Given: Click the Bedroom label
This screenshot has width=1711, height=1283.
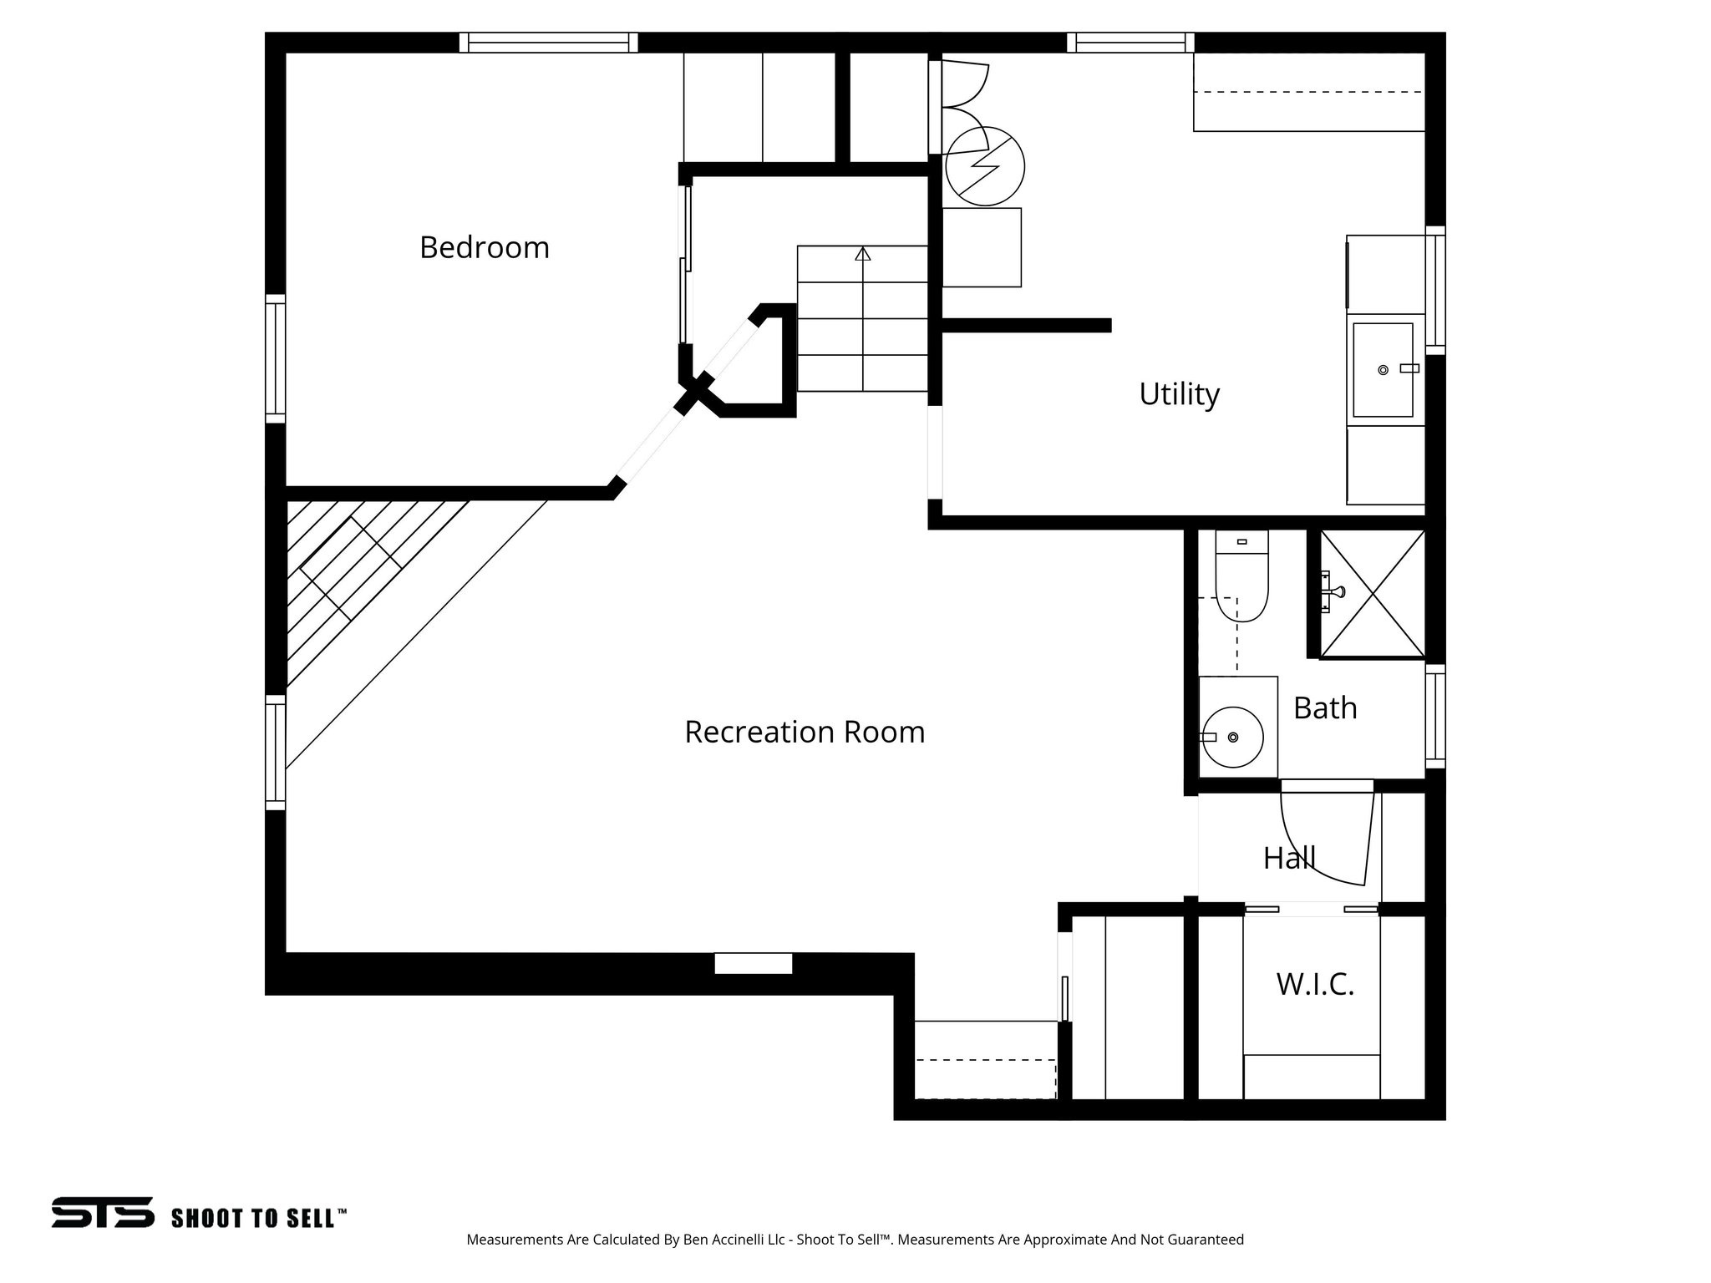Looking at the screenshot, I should coord(484,248).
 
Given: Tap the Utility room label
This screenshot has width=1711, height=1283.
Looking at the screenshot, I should coord(1179,393).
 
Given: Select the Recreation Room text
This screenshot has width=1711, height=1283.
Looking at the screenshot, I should coord(804,732).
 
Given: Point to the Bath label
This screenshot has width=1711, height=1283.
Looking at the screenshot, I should coord(1325,708).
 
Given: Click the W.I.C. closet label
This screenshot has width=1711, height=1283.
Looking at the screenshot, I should coord(1314,985).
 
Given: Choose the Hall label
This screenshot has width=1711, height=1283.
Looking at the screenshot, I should coord(1288,858).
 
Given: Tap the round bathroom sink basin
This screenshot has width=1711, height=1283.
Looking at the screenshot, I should coord(1233,737).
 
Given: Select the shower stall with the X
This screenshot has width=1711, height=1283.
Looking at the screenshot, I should coord(1372,594).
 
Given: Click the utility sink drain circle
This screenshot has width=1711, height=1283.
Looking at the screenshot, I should coord(1383,369).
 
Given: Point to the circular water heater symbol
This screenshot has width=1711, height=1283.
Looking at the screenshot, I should coord(986,166).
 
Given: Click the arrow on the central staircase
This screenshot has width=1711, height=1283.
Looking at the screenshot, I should coord(863,254).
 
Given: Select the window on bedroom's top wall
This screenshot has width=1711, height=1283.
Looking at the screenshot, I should coord(548,43).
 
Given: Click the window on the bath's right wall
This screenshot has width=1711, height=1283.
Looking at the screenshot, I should coord(1435,717).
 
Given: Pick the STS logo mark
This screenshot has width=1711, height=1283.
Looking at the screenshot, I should coord(103,1212).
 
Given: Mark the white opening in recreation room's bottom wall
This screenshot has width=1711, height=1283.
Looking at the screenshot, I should coord(753,963).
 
